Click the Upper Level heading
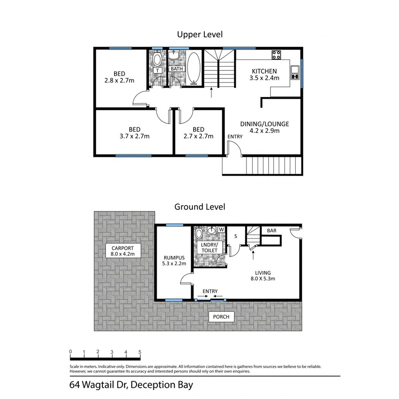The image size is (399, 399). click(199, 34)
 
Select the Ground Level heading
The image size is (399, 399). click(199, 207)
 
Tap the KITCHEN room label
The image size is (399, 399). click(264, 71)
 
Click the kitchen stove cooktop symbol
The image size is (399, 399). click(276, 55)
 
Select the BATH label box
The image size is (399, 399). click(176, 69)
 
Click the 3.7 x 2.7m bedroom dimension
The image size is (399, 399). click(134, 137)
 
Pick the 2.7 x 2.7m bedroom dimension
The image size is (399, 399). click(198, 137)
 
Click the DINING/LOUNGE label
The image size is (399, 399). click(264, 124)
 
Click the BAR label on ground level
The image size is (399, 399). click(272, 231)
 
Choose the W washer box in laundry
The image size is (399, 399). click(221, 230)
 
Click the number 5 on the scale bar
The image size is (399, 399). click(140, 352)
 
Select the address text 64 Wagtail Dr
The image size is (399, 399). click(98, 385)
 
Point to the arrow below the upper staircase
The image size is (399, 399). click(211, 92)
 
